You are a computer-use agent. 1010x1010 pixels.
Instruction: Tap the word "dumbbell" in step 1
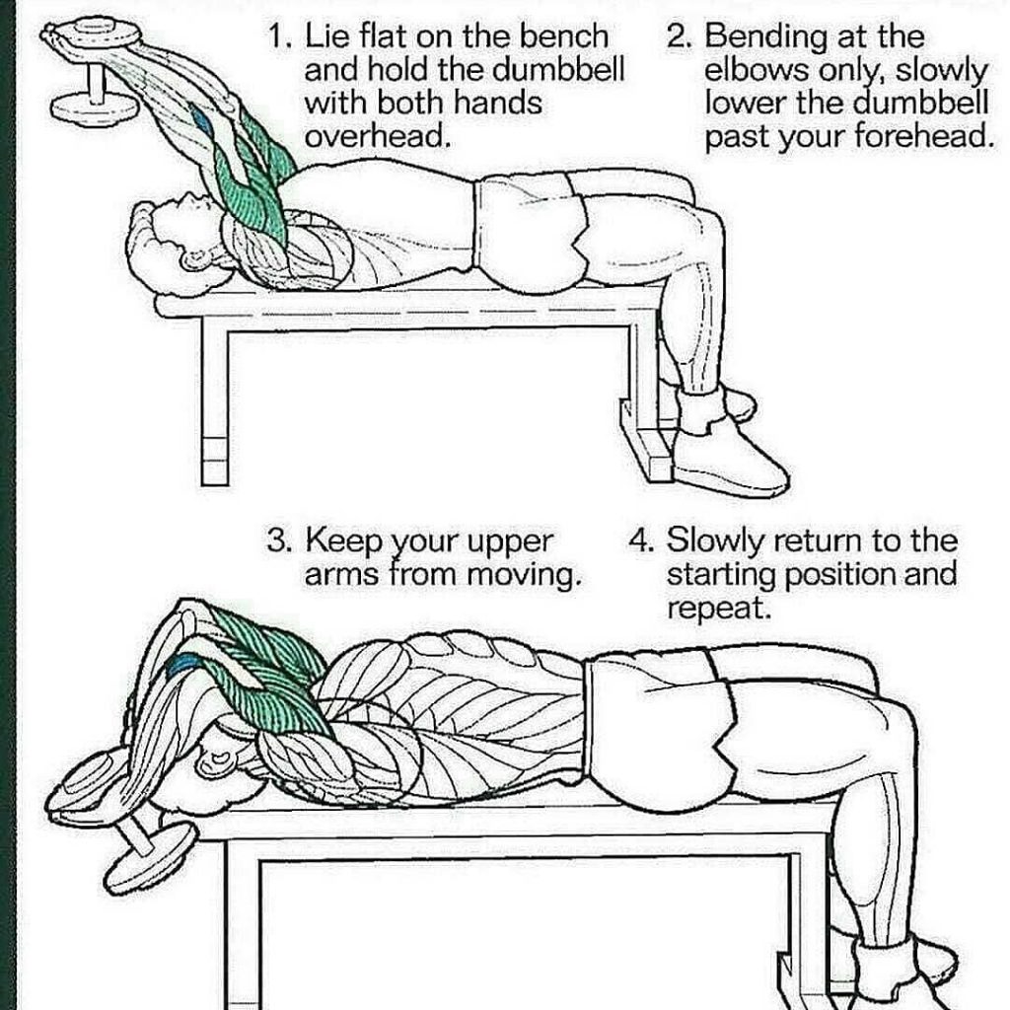558,70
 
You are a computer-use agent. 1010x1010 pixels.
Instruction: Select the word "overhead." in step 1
376,136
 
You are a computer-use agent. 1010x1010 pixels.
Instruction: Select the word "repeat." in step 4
719,609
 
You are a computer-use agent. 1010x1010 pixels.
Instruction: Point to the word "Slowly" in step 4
714,541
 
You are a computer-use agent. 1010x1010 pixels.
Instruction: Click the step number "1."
281,37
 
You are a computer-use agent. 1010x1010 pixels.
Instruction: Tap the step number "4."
642,541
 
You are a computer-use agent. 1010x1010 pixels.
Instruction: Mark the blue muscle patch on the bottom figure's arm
182,666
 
